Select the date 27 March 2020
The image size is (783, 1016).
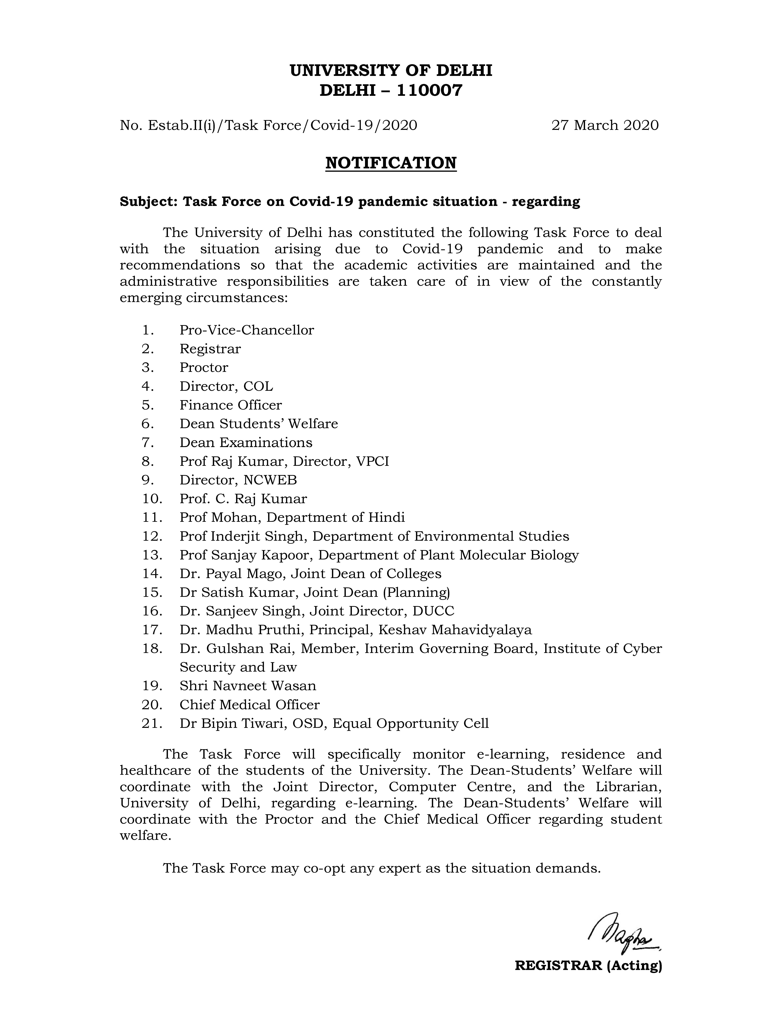[605, 125]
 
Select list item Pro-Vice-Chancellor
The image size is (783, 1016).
[247, 330]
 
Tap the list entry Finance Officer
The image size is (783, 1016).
[230, 405]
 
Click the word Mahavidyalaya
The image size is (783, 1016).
[481, 630]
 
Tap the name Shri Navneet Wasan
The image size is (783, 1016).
[248, 686]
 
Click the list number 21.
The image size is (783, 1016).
[152, 723]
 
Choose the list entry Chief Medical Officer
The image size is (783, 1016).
[249, 705]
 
